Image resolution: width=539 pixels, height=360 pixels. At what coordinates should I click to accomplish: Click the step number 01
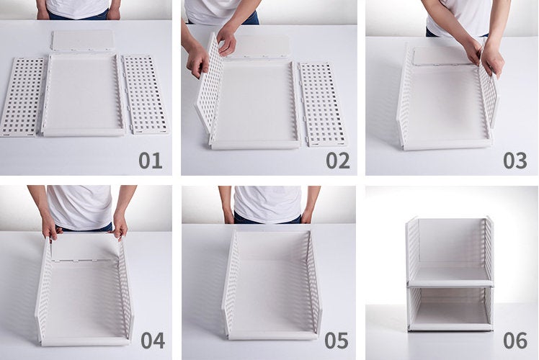pos(151,161)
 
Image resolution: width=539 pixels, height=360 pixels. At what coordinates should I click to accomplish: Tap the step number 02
pos(338,161)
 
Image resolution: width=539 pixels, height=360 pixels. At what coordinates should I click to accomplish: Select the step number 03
pos(515,161)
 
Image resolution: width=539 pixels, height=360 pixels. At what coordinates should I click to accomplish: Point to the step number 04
pos(153,341)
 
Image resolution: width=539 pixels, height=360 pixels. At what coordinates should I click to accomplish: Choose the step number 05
pos(337,341)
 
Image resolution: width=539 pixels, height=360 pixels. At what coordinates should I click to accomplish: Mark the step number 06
pos(515,341)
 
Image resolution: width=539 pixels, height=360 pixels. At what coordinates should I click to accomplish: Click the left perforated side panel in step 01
pos(22,96)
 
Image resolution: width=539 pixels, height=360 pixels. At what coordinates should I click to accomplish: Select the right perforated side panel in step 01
pos(146,94)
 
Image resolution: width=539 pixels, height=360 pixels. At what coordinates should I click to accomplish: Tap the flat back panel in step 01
pos(82,40)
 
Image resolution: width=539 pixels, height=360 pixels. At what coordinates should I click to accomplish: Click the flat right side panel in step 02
pos(322,104)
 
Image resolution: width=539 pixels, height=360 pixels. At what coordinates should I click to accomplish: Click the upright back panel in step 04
pos(85,248)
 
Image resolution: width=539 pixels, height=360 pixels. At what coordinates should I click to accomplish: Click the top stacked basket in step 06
pos(450,252)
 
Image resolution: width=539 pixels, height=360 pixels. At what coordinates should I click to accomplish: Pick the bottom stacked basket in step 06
pos(450,308)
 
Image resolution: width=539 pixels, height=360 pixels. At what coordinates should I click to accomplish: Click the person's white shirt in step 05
pos(268,204)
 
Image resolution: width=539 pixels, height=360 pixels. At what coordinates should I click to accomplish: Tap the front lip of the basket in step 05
pos(272,336)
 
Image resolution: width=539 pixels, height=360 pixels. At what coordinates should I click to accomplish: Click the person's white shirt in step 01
pos(78,7)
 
